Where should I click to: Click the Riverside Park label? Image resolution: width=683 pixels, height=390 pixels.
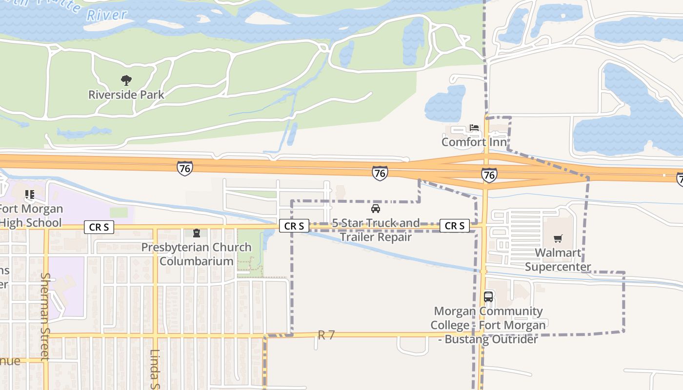coord(126,95)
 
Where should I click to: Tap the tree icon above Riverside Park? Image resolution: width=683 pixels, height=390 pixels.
coord(126,80)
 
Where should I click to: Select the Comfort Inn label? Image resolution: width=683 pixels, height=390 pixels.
coord(474,142)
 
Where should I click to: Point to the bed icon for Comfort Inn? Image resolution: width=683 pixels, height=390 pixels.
coord(474,128)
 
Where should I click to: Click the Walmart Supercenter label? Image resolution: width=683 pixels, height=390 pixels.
coord(558,260)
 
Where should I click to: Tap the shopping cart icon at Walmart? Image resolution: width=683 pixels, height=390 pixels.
coord(558,238)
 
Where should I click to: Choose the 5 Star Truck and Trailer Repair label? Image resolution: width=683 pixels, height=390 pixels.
coord(376,230)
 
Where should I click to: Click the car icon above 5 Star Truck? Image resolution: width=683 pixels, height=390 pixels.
coord(376,209)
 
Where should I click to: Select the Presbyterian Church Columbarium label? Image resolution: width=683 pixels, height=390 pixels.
coord(197,254)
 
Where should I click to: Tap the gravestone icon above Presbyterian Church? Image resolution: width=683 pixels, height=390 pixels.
coord(197,233)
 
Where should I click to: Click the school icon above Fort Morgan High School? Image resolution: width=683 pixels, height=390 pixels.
coord(30,195)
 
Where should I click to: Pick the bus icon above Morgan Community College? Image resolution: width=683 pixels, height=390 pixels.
coord(488,296)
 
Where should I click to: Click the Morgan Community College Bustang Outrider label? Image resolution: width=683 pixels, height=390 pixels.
coord(488,325)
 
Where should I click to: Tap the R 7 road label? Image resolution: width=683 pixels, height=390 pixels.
coord(326,335)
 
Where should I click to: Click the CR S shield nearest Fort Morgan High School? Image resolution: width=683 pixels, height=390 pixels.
coord(99,227)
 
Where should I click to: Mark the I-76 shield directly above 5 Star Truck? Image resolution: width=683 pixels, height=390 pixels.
coord(380,173)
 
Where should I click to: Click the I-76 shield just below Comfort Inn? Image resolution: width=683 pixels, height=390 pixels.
coord(489,175)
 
